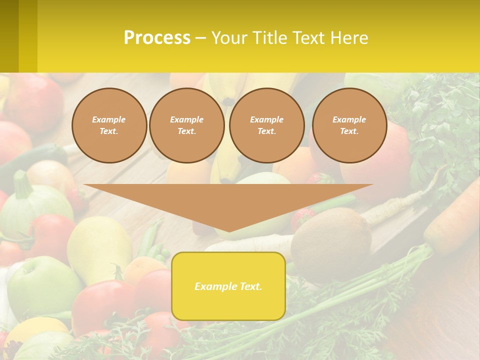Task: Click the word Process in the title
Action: (157, 38)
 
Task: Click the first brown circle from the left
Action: (109, 125)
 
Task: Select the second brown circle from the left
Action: (186, 125)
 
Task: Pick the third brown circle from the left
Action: (266, 125)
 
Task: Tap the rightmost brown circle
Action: (349, 125)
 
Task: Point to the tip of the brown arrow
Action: (228, 230)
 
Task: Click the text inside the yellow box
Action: (228, 286)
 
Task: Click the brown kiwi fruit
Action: (331, 237)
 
